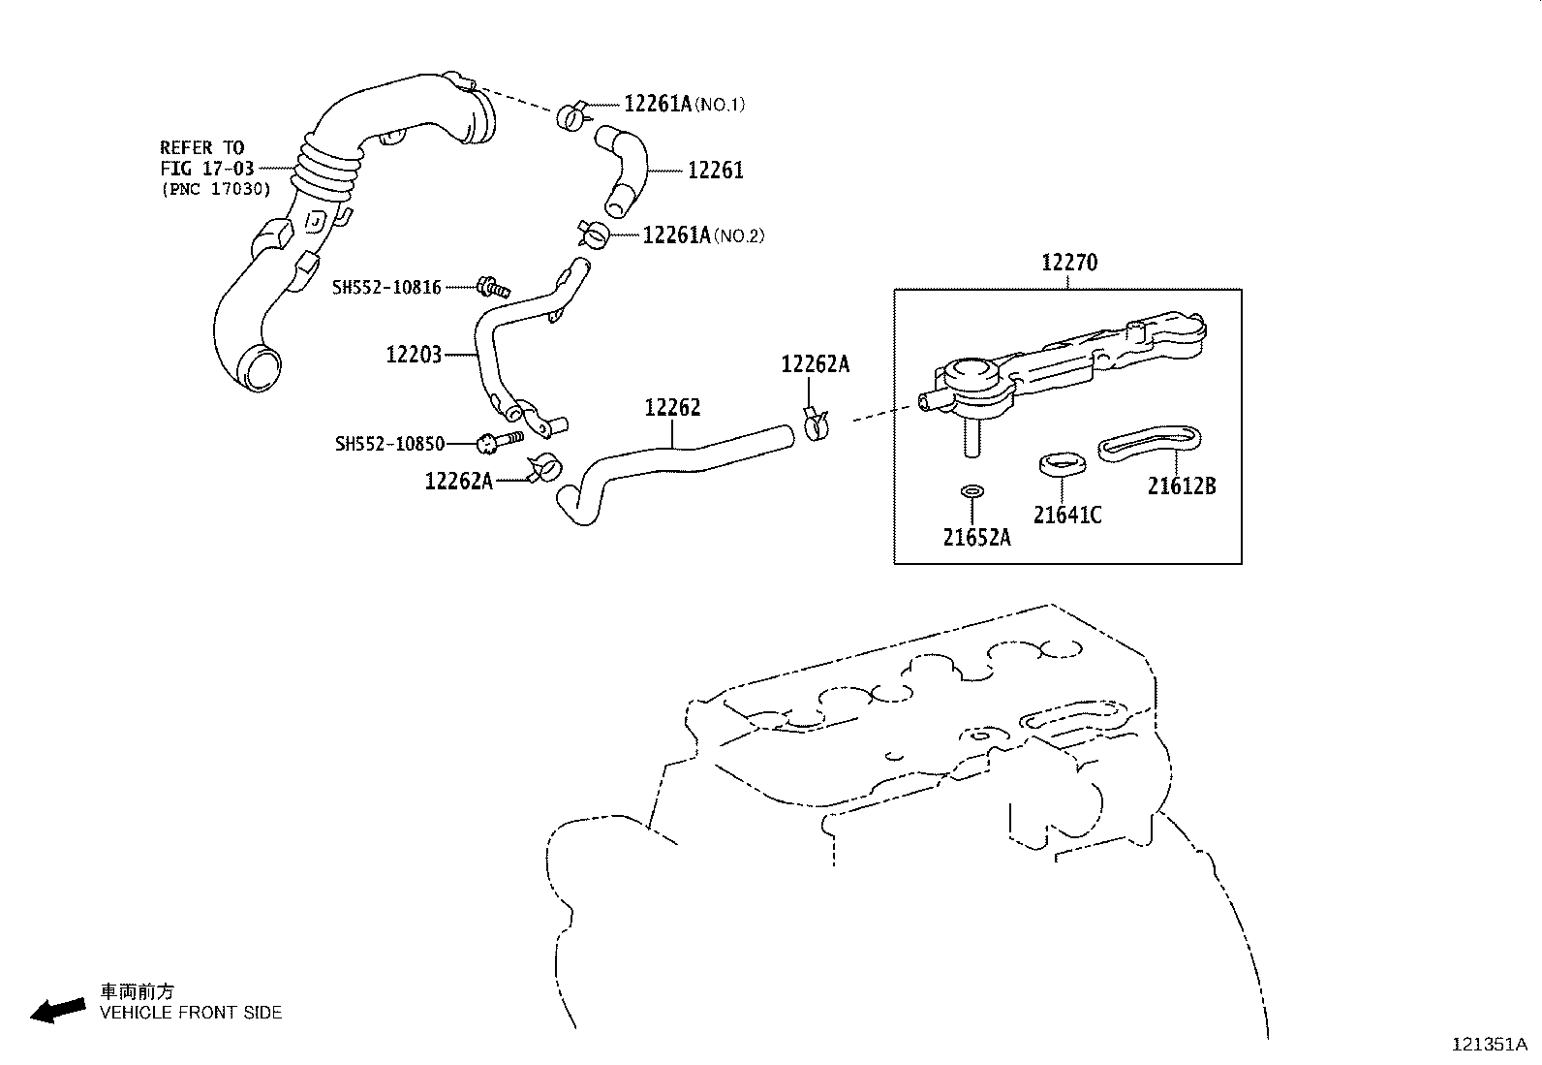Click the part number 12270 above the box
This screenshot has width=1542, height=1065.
(x=1069, y=263)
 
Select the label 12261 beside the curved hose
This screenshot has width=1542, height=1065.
(x=715, y=171)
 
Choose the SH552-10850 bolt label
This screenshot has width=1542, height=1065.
(x=389, y=444)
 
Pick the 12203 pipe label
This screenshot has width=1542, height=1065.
(x=414, y=355)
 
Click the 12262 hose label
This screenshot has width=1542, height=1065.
(x=672, y=408)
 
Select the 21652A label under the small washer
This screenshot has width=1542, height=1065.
(x=976, y=536)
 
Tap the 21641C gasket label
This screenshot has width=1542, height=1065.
(x=1066, y=515)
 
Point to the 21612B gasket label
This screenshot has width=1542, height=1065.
(x=1181, y=486)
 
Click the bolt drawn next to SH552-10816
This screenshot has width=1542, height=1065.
(x=493, y=286)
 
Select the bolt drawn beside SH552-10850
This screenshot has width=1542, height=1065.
(x=499, y=442)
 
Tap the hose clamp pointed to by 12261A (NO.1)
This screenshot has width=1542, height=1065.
(x=572, y=116)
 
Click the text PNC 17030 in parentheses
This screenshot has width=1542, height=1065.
(x=216, y=189)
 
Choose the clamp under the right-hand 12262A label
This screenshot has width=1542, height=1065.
(x=817, y=423)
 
